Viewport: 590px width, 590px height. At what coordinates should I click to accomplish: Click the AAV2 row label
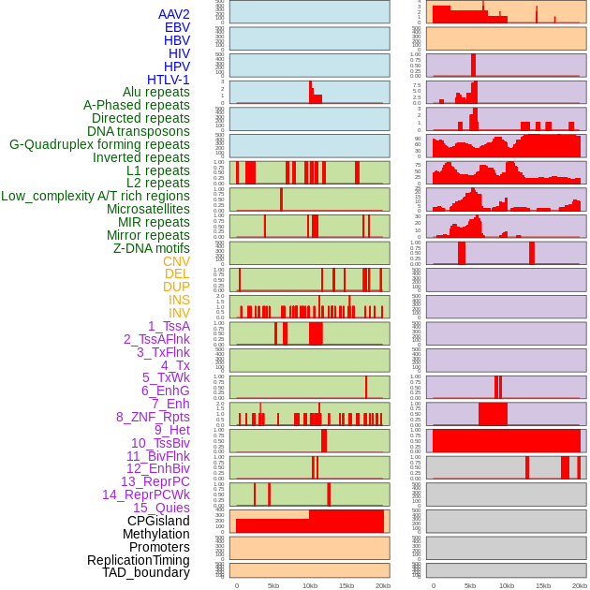(x=173, y=15)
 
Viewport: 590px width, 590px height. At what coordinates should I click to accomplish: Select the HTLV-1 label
(x=168, y=80)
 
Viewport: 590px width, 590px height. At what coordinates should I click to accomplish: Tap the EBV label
(x=176, y=28)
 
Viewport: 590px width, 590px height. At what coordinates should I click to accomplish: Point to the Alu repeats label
(x=155, y=93)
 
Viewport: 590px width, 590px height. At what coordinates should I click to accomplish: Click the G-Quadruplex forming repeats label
(x=99, y=144)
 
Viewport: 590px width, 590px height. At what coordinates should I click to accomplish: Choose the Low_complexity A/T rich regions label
(x=96, y=196)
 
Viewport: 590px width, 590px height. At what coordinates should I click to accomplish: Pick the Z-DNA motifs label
(x=151, y=248)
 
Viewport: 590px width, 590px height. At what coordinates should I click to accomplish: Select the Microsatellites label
(x=148, y=209)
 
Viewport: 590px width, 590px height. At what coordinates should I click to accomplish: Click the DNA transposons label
(x=139, y=131)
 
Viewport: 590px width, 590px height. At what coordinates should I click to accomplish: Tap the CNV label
(x=176, y=261)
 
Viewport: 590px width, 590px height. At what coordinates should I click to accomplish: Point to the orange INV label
(x=179, y=313)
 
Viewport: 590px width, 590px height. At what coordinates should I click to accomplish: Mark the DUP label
(x=176, y=287)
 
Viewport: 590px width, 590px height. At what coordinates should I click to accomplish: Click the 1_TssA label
(x=169, y=326)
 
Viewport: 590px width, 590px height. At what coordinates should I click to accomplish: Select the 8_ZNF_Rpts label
(x=153, y=417)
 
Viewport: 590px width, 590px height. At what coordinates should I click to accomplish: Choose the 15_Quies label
(x=161, y=508)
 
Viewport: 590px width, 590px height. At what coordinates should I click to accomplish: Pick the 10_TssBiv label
(x=160, y=443)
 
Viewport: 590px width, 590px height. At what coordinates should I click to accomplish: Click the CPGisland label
(x=158, y=521)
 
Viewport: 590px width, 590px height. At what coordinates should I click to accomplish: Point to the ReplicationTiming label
(x=139, y=560)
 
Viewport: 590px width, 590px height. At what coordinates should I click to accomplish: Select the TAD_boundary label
(x=145, y=572)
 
